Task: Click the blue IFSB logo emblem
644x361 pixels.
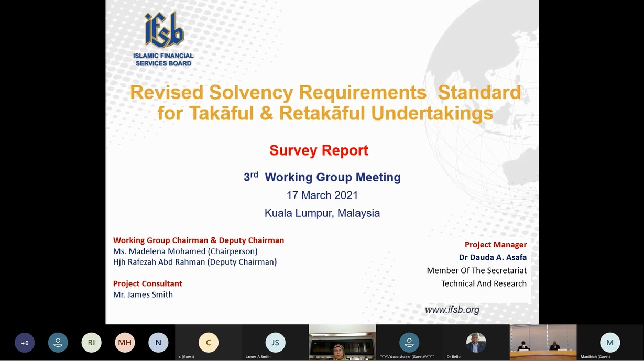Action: (x=164, y=30)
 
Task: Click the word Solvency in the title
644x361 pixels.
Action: (x=251, y=92)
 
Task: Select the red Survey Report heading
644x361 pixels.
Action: (x=319, y=150)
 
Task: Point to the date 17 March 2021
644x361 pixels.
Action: (x=322, y=195)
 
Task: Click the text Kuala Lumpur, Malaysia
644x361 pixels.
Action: (x=322, y=213)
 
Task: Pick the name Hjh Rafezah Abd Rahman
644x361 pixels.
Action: (x=159, y=262)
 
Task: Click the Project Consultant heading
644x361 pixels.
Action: (x=147, y=283)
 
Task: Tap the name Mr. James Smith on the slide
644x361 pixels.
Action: (x=143, y=294)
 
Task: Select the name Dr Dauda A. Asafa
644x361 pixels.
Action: (x=493, y=257)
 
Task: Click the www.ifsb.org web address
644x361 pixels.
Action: (x=452, y=310)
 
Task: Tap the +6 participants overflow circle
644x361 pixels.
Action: (x=25, y=343)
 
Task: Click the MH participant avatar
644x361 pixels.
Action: (x=125, y=342)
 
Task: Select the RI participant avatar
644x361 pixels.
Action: (x=91, y=342)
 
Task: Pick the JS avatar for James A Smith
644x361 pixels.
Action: (x=275, y=342)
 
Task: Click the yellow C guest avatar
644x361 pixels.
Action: (x=209, y=342)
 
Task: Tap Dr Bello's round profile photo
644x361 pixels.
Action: (x=476, y=342)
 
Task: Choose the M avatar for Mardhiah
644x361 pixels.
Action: (x=610, y=342)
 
